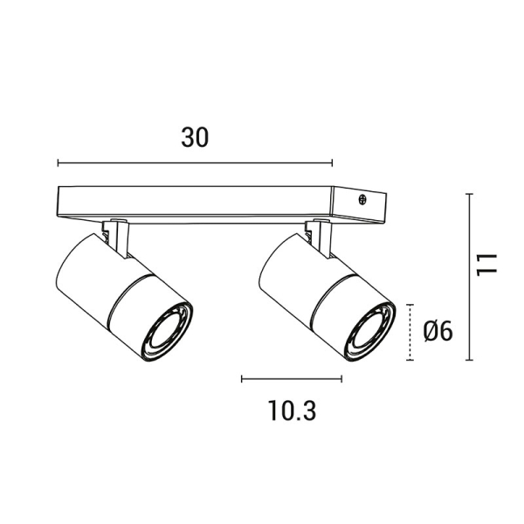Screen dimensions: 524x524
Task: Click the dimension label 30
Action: tap(196, 137)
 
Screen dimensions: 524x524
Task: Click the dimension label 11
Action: tap(486, 263)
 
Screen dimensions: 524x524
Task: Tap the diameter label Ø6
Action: tap(436, 331)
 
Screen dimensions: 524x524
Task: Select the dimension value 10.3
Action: tap(291, 410)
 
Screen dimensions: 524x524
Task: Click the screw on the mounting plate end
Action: tap(362, 199)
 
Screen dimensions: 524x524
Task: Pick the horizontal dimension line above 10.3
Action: tap(292, 378)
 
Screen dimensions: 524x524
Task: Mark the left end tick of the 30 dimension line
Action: tap(58, 162)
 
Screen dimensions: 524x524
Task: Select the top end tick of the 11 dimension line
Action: tap(470, 194)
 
